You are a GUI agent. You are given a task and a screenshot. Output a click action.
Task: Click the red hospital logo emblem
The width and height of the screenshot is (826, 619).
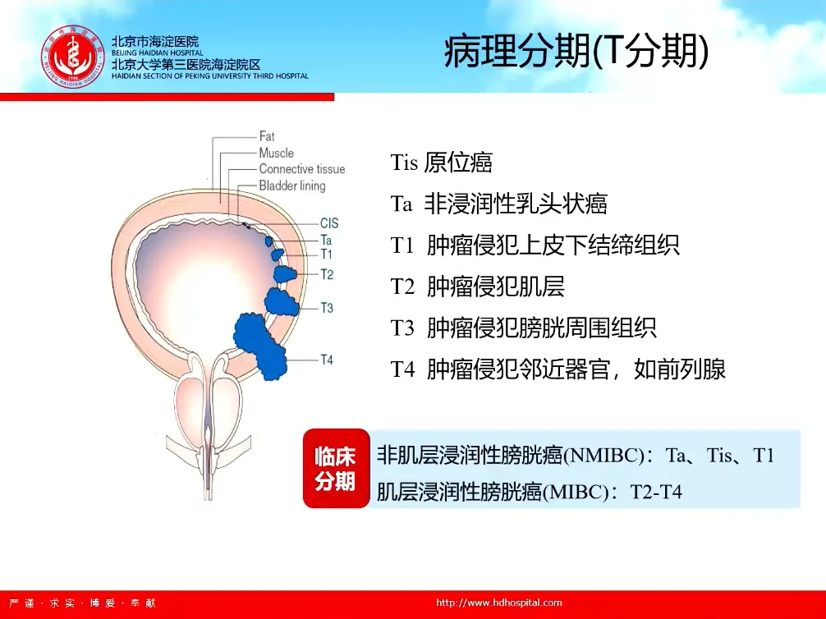[x=73, y=57]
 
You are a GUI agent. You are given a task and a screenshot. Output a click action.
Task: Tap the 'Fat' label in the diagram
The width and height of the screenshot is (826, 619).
[x=267, y=136]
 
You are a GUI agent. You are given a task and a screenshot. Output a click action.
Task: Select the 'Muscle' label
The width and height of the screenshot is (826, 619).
[x=276, y=153]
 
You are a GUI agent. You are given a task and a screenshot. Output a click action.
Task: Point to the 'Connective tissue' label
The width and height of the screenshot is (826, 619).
[x=302, y=169]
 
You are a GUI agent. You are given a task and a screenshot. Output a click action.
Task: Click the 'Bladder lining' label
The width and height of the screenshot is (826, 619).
[x=291, y=186]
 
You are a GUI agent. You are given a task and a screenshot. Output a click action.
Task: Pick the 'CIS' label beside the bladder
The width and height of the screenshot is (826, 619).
[x=329, y=223]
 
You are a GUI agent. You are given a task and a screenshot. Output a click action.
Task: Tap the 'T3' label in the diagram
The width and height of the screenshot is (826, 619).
[x=327, y=308]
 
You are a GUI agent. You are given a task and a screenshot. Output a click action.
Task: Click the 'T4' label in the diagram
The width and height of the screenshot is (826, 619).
[x=327, y=360]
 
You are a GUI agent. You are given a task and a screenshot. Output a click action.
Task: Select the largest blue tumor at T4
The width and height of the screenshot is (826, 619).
[x=260, y=346]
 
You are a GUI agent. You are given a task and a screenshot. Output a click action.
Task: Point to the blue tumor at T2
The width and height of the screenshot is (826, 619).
[x=285, y=274]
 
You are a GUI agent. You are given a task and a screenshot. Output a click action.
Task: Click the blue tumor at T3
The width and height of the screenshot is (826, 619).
[x=282, y=302]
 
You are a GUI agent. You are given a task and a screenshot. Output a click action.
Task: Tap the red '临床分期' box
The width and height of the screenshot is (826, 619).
[x=336, y=468]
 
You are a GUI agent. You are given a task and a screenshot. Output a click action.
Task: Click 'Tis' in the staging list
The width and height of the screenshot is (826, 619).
[x=404, y=163]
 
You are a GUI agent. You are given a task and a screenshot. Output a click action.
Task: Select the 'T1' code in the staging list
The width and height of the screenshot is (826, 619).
[x=402, y=245]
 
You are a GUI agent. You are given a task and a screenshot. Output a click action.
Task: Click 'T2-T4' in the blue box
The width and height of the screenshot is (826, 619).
[x=656, y=492]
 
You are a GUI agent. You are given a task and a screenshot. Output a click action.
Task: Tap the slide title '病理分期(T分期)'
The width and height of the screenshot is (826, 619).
[x=576, y=52]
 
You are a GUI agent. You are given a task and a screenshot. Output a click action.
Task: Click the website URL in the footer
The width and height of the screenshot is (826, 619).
[x=499, y=603]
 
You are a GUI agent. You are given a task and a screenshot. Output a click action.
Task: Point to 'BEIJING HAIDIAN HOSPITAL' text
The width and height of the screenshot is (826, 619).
[x=157, y=53]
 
